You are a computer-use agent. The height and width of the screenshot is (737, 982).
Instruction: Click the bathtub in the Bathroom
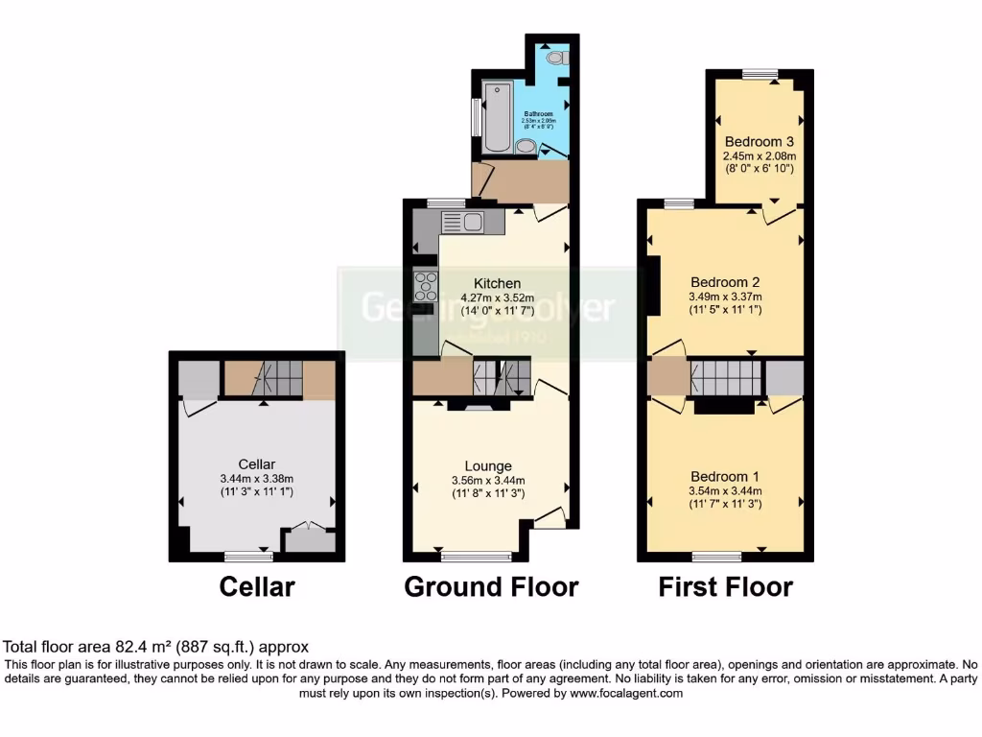click(497, 119)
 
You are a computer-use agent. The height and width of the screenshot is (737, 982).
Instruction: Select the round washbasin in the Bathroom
click(525, 146)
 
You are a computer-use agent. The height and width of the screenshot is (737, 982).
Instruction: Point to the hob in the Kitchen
click(426, 287)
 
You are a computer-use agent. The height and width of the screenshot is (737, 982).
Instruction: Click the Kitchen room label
click(498, 283)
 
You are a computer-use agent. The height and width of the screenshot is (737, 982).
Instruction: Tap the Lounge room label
click(488, 466)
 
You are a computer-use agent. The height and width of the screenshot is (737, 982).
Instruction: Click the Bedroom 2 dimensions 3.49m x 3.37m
click(726, 297)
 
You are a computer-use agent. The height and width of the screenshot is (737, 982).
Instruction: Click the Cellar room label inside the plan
click(256, 465)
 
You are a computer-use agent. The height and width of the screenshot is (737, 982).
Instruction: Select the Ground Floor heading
click(491, 586)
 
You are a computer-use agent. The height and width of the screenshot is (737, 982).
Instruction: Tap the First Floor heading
click(725, 586)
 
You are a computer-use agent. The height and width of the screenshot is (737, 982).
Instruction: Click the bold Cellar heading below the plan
click(256, 586)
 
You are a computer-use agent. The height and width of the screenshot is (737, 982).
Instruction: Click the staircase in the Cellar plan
click(264, 379)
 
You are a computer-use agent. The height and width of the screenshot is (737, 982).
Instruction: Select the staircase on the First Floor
click(725, 377)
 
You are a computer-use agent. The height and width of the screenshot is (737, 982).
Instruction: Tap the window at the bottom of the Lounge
click(477, 555)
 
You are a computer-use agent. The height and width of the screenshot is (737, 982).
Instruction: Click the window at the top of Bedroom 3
click(760, 73)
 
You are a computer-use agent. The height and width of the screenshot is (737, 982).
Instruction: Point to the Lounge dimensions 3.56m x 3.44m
click(488, 481)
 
